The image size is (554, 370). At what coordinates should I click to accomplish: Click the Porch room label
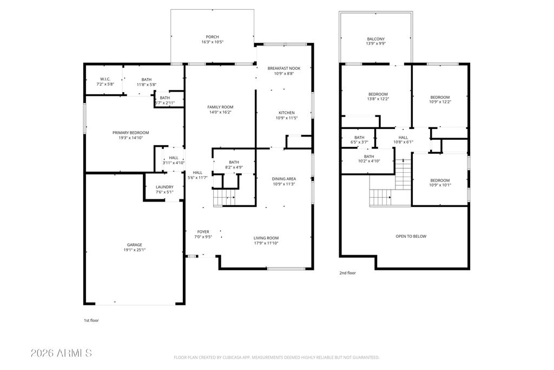[x=212, y=37]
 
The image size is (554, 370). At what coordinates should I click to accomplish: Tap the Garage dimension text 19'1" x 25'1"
[x=135, y=250]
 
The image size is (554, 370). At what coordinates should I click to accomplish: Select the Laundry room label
[x=164, y=187]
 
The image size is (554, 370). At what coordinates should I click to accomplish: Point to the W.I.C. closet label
[x=105, y=79]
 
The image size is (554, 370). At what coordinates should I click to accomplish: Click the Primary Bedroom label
[x=131, y=133]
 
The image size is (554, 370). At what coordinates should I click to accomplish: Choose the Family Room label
[x=220, y=107]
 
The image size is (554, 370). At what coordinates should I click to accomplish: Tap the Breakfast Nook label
[x=284, y=68]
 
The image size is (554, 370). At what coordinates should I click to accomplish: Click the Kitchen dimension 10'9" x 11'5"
[x=287, y=118]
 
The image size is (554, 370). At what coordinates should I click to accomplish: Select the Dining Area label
[x=284, y=179]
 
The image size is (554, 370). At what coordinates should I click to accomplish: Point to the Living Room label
[x=266, y=238]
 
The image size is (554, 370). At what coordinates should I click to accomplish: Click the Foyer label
[x=203, y=232]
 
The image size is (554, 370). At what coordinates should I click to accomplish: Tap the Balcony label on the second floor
[x=376, y=39]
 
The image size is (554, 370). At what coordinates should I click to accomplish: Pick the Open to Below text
[x=411, y=236]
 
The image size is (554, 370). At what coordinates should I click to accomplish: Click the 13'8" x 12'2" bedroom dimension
[x=378, y=99]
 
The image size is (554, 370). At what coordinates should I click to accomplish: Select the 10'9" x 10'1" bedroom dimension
[x=440, y=185]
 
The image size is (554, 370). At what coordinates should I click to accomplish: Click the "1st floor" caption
[x=91, y=321]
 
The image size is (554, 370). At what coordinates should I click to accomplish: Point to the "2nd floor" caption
[x=348, y=273]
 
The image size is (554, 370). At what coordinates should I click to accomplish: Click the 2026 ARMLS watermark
[x=62, y=353]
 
